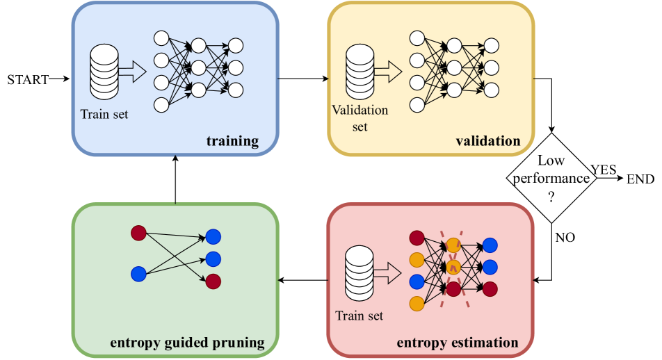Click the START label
(28, 79)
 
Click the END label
(640, 179)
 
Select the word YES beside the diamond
(604, 170)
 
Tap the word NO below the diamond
(565, 238)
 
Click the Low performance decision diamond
(551, 179)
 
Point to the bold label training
(232, 142)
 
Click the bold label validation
(487, 142)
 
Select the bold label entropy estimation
(457, 343)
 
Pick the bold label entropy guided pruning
(187, 343)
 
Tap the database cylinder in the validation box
(360, 72)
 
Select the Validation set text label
(360, 118)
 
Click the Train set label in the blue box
(104, 115)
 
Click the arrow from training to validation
(302, 79)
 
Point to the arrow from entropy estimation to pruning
(302, 281)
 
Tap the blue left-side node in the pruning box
(138, 274)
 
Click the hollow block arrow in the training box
(132, 71)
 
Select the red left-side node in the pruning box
(138, 233)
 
